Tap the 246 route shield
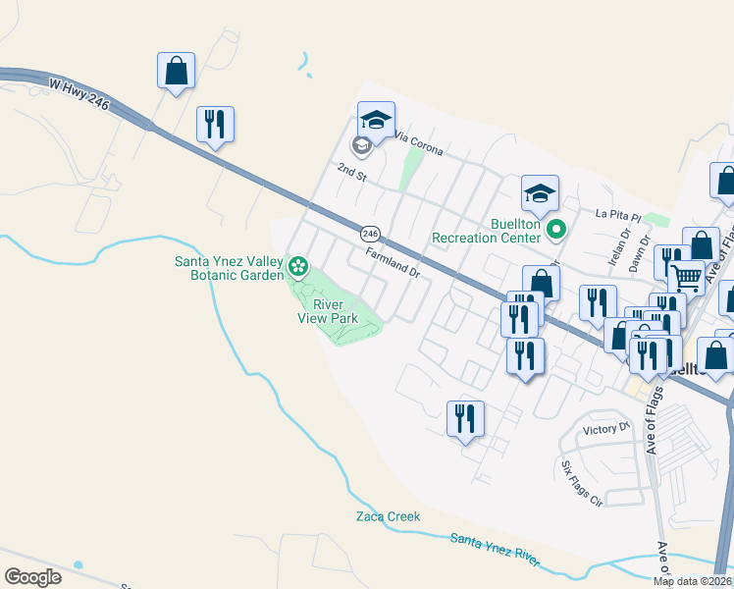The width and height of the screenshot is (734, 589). [x=370, y=234]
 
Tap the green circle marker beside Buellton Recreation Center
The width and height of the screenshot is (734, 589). [x=556, y=231]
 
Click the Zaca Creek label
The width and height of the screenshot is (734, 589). [x=388, y=516]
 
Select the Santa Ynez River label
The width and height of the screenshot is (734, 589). [x=496, y=550]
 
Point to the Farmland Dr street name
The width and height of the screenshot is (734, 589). [x=393, y=262]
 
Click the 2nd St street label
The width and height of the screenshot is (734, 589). [x=351, y=172]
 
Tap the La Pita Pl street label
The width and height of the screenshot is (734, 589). [x=618, y=213]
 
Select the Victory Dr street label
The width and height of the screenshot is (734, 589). [x=606, y=429]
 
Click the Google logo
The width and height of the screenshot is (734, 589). [x=32, y=577]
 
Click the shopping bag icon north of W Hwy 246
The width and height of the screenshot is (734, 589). [x=176, y=71]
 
